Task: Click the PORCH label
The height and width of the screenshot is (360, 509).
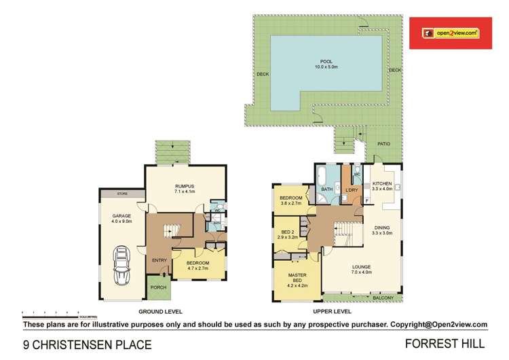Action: [159, 287]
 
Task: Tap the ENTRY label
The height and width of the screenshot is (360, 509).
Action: [160, 260]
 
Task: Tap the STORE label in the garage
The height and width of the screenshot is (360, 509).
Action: [121, 194]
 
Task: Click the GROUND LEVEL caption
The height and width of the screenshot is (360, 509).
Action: [157, 312]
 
